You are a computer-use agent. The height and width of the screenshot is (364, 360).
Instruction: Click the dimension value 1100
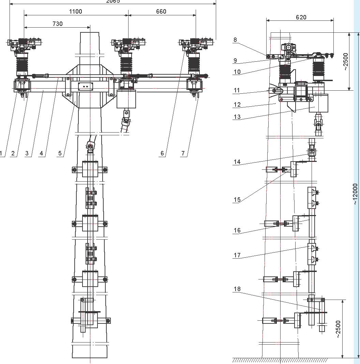click(x=75, y=12)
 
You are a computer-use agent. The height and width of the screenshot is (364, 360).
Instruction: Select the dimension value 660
click(x=161, y=12)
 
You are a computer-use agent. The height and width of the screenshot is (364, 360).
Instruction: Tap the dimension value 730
click(x=57, y=24)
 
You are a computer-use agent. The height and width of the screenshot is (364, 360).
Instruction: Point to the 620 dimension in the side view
click(x=301, y=17)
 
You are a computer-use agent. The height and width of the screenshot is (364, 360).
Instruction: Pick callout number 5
click(x=60, y=153)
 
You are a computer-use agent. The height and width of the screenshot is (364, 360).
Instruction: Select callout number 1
click(x=1, y=153)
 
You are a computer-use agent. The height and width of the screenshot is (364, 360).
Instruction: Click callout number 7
click(x=183, y=153)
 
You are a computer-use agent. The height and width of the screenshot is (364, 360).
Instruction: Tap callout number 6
click(x=163, y=153)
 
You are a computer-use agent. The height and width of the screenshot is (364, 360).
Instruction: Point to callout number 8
click(x=235, y=40)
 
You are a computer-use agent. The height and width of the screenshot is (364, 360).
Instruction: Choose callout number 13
click(x=237, y=117)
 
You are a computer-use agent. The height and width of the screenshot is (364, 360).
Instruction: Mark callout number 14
click(x=237, y=162)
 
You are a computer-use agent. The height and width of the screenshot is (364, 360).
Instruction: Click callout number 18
click(x=237, y=289)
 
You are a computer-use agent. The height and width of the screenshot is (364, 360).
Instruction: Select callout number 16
click(x=237, y=230)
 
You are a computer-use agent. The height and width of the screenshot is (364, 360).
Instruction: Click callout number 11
click(x=237, y=91)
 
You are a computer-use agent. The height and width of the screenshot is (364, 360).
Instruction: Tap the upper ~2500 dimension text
click(x=346, y=61)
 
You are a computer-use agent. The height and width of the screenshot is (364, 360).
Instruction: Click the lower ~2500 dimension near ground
click(x=337, y=329)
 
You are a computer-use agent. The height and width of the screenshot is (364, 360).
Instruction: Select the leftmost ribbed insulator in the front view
click(x=22, y=65)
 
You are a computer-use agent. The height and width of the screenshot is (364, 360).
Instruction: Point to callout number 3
click(x=27, y=153)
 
